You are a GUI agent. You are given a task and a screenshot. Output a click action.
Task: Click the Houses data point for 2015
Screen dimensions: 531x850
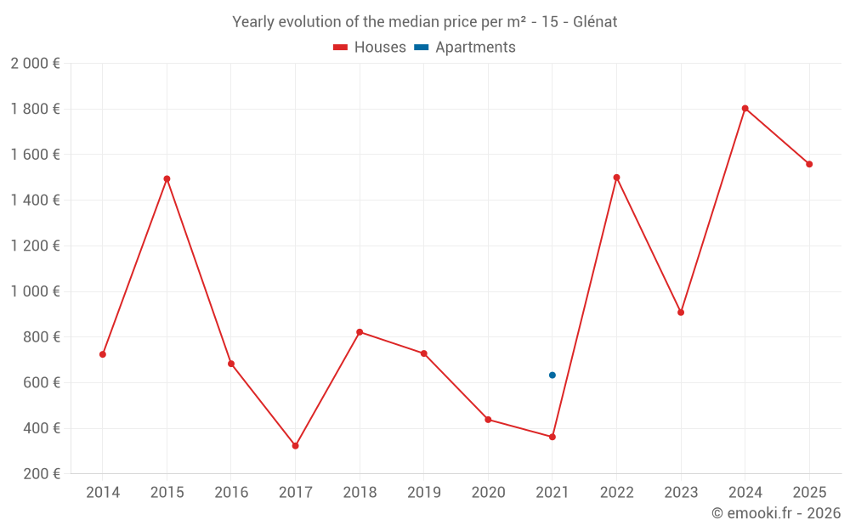167,179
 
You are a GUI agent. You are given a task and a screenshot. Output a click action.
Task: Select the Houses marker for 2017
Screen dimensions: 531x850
295,446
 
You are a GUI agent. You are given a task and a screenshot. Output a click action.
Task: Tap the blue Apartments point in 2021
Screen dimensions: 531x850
552,376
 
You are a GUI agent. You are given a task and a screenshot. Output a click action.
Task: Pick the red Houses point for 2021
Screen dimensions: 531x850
552,437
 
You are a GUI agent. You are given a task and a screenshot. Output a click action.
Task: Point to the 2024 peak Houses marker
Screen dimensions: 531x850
745,109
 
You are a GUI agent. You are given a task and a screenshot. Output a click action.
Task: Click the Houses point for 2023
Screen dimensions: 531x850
681,313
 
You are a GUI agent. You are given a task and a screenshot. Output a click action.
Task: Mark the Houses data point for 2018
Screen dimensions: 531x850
360,332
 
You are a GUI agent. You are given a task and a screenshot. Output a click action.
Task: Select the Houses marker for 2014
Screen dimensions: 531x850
103,354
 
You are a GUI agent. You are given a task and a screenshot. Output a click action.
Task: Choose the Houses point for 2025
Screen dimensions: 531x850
809,165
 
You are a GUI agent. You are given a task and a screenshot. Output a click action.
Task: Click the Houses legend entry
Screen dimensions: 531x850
370,48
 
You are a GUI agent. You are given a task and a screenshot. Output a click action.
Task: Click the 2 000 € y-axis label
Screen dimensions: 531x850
35,64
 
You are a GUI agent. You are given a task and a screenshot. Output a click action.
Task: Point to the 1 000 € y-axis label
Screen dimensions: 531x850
35,291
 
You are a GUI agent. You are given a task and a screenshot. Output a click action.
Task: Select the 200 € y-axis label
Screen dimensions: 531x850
42,474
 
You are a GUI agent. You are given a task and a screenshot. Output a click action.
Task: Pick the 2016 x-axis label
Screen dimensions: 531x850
231,493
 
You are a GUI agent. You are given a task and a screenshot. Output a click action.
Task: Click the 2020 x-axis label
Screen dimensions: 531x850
488,493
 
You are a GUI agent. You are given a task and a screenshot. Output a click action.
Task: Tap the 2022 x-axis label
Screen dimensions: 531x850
616,493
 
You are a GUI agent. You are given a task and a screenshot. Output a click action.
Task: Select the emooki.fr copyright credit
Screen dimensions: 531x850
776,513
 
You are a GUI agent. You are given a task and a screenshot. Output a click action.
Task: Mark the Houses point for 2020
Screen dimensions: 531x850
488,420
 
